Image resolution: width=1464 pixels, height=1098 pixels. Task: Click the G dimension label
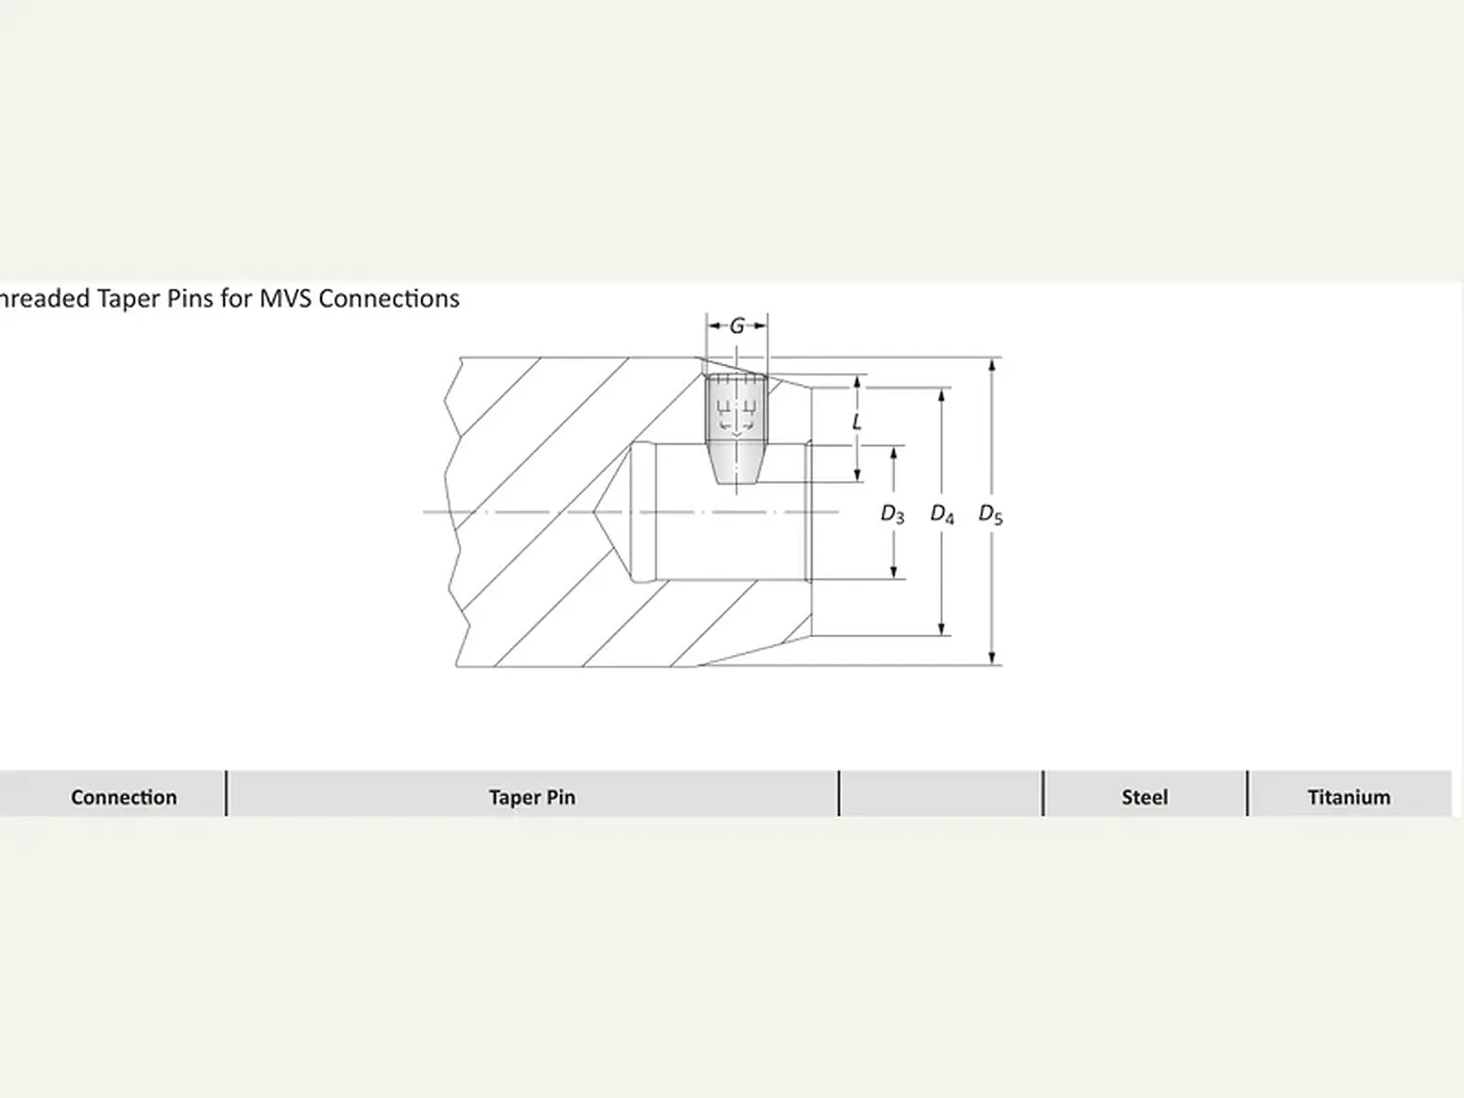pos(737,326)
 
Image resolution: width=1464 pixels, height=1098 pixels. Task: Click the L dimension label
pos(856,421)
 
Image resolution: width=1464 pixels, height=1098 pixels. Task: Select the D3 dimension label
pos(892,514)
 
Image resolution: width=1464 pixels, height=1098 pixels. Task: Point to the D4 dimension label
pos(942,514)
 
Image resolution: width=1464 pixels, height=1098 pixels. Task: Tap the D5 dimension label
pos(990,514)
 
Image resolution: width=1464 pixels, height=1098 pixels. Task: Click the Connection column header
pos(124,797)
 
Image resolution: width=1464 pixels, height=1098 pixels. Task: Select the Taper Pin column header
pos(532,797)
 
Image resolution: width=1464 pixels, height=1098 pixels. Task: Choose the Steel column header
pos(1145,797)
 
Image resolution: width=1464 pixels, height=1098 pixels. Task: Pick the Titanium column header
pos(1349,797)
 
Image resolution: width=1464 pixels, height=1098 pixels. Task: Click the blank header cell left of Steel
pos(942,793)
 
